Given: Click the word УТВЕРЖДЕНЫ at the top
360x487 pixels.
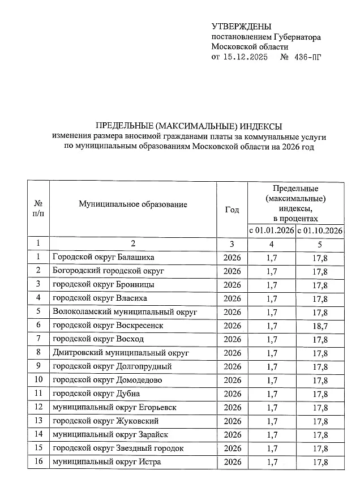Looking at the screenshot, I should point(241,27).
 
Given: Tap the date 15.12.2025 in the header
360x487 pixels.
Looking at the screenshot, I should point(245,57).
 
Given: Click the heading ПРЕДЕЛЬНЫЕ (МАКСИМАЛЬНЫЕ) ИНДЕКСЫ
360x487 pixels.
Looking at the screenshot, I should point(188,126).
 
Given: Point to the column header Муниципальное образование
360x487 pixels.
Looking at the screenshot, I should point(133,204).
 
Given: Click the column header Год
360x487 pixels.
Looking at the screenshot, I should point(232,210).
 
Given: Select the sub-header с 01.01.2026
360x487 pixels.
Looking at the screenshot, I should point(272,230).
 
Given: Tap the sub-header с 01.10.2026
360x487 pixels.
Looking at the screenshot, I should point(320,230).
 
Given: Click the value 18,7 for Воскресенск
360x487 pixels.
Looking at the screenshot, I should point(320,326).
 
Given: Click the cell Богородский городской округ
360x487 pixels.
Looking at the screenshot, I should point(108,271).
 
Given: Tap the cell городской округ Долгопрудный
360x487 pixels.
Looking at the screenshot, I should point(112,366).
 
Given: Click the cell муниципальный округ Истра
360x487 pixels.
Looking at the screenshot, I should point(106,462).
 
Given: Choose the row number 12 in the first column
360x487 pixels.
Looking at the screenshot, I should point(38,407).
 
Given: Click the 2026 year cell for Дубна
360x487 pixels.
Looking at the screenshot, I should point(232,394).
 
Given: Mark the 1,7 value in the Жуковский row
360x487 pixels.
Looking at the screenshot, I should point(272,421).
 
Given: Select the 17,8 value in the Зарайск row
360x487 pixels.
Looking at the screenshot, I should point(320,435).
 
